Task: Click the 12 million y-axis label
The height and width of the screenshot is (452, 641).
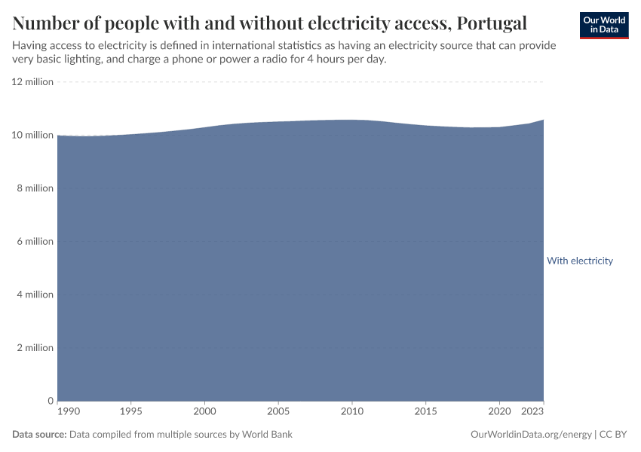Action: (32, 82)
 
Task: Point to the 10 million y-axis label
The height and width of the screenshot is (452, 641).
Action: (32, 136)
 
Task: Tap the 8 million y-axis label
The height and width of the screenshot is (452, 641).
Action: (35, 188)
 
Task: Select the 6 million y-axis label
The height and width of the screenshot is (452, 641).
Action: (35, 242)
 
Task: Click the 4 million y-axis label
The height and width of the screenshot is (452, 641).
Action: (35, 295)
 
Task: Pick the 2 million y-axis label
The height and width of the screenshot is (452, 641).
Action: (35, 348)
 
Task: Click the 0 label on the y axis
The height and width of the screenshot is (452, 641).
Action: (50, 401)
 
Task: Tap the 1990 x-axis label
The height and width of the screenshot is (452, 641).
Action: (67, 412)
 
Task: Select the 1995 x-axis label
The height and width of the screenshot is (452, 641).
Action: (131, 412)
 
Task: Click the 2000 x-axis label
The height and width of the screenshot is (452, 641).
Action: (204, 412)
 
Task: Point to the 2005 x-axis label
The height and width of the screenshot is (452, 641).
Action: (278, 412)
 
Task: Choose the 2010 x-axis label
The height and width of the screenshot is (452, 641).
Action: (351, 412)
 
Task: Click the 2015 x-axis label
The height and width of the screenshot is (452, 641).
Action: (425, 412)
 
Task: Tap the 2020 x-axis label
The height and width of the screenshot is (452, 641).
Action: (498, 412)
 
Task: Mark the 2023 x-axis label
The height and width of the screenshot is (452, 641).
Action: (532, 412)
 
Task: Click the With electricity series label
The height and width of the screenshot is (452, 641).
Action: (579, 261)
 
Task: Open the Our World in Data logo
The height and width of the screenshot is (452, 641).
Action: (603, 25)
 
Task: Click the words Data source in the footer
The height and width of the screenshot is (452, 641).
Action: (39, 435)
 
